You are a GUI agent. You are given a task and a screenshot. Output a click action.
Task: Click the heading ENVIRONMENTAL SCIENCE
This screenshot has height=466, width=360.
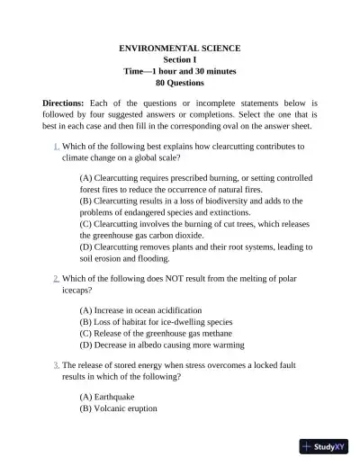point(180,46)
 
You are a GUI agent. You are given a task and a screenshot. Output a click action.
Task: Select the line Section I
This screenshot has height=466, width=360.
point(180,58)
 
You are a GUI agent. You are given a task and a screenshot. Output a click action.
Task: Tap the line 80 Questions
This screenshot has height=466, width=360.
point(180,82)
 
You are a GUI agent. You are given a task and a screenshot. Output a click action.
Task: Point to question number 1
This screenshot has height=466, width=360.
point(56,145)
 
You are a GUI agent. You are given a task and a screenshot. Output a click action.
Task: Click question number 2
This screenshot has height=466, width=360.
point(56,280)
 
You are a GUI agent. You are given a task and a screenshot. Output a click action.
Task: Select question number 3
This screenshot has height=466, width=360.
point(56,363)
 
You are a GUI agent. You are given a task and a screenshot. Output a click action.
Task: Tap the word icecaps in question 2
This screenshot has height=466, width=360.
point(76,291)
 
